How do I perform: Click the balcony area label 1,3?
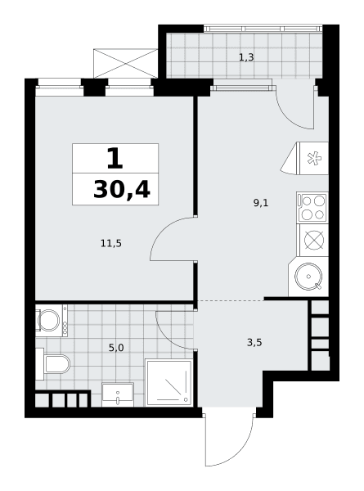click(246, 57)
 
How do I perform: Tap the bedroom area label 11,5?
click(111, 243)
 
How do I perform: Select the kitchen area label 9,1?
click(261, 203)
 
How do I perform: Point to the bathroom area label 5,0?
click(116, 348)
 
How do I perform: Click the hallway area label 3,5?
click(254, 343)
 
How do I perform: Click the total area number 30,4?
click(122, 190)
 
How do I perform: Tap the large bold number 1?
click(115, 159)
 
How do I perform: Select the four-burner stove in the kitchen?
click(312, 208)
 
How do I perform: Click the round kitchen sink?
click(308, 277)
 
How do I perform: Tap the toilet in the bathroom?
click(53, 364)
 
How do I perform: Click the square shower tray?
click(169, 383)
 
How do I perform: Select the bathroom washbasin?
click(118, 394)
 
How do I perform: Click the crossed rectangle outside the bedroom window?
click(125, 63)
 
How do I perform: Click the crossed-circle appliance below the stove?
click(314, 240)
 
